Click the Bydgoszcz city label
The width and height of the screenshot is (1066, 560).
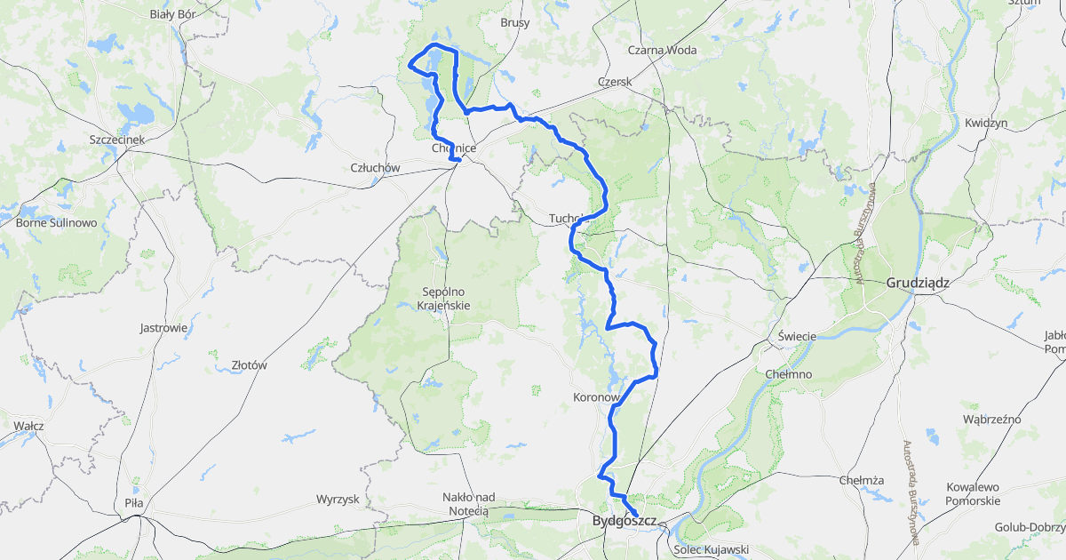click(x=624, y=521)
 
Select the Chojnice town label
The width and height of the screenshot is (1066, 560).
click(x=454, y=148)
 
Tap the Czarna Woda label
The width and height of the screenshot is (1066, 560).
click(x=662, y=51)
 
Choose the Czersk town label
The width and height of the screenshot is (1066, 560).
click(x=614, y=82)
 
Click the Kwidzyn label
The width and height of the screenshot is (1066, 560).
click(x=986, y=123)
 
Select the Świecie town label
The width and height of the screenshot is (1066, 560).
click(x=797, y=336)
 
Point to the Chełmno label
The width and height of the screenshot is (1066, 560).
click(x=788, y=374)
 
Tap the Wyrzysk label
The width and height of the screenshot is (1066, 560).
click(x=338, y=500)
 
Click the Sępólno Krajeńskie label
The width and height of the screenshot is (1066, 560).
click(x=443, y=299)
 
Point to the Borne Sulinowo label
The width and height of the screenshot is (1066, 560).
click(x=56, y=223)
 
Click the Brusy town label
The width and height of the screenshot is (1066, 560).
click(x=515, y=23)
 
